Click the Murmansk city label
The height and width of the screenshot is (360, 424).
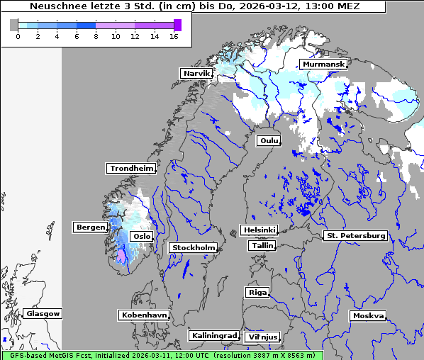323,64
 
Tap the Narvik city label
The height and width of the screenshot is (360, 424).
196,73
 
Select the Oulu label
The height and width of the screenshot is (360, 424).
269,141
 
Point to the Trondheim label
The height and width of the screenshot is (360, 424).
131,169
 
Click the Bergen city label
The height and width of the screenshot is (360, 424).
90,227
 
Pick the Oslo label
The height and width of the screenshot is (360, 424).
142,236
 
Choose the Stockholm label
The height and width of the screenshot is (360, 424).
193,247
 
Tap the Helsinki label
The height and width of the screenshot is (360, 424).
259,230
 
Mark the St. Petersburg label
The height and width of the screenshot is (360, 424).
355,235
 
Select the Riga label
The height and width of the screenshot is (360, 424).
257,292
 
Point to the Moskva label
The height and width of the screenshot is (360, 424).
368,315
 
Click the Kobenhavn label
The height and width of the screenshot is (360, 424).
144,314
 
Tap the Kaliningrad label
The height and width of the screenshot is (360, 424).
213,335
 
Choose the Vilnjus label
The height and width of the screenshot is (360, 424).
262,337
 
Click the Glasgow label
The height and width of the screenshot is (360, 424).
43,313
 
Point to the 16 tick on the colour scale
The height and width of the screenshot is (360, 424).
173,36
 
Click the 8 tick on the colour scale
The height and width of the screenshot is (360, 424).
96,36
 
